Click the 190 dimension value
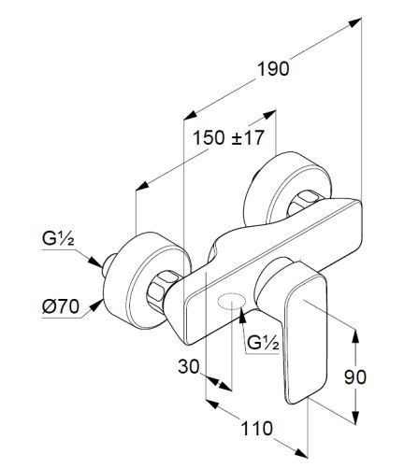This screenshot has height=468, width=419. pos(273,69)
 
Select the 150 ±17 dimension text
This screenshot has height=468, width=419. pos(228,137)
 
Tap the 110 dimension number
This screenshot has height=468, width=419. pos(257,429)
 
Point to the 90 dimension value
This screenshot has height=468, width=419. pos(355,377)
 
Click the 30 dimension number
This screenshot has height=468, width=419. pos(189,366)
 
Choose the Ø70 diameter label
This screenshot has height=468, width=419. pos(61,306)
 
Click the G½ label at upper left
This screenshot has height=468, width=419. pos(58,239)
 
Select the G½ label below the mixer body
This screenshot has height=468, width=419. pos(263,343)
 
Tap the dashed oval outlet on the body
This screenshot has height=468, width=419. pos(232,301)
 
